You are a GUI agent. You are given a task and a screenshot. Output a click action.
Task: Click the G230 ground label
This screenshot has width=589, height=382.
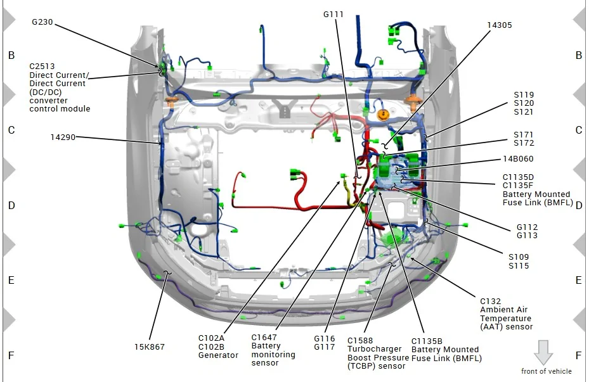[x=42, y=22]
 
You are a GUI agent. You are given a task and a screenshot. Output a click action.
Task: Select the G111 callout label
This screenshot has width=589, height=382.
[x=333, y=15]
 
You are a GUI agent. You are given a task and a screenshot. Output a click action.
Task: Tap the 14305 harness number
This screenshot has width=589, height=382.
[x=500, y=25]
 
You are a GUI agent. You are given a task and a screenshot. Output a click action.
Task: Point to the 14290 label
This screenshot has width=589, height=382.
[x=63, y=137]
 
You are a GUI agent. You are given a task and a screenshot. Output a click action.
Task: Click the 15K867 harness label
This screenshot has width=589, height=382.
[x=150, y=347]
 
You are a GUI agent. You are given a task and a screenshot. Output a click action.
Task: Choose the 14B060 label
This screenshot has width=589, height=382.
[x=518, y=159]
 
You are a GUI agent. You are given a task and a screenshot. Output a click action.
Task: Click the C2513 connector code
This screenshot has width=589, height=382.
[x=42, y=67]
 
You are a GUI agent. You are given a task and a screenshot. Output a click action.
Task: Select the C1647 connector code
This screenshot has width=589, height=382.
[x=264, y=338]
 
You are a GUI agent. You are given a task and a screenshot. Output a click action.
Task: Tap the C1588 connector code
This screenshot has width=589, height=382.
[x=360, y=341]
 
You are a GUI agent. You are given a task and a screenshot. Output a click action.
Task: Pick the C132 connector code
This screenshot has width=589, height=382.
[x=490, y=302]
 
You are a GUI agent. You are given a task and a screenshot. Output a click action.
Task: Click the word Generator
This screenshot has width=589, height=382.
[x=218, y=355]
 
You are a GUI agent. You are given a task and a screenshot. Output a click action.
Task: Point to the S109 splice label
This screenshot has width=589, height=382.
[x=519, y=257]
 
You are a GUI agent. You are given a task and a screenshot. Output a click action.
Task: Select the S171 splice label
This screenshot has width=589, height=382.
[x=524, y=135]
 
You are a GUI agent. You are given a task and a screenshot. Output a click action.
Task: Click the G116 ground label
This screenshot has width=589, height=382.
[x=324, y=339]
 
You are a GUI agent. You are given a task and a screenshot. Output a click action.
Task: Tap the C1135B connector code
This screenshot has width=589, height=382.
[x=427, y=341]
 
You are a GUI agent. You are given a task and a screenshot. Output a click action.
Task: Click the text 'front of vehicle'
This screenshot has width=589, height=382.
[x=547, y=371]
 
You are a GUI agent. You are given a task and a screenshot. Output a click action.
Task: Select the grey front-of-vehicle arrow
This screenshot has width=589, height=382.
[x=543, y=352]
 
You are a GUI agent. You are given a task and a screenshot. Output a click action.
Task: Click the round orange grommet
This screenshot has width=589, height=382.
[x=383, y=115]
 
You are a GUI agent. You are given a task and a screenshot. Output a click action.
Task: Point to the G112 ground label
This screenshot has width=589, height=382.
[x=527, y=227]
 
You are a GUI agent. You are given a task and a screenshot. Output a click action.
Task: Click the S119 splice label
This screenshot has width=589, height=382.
[x=524, y=95]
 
